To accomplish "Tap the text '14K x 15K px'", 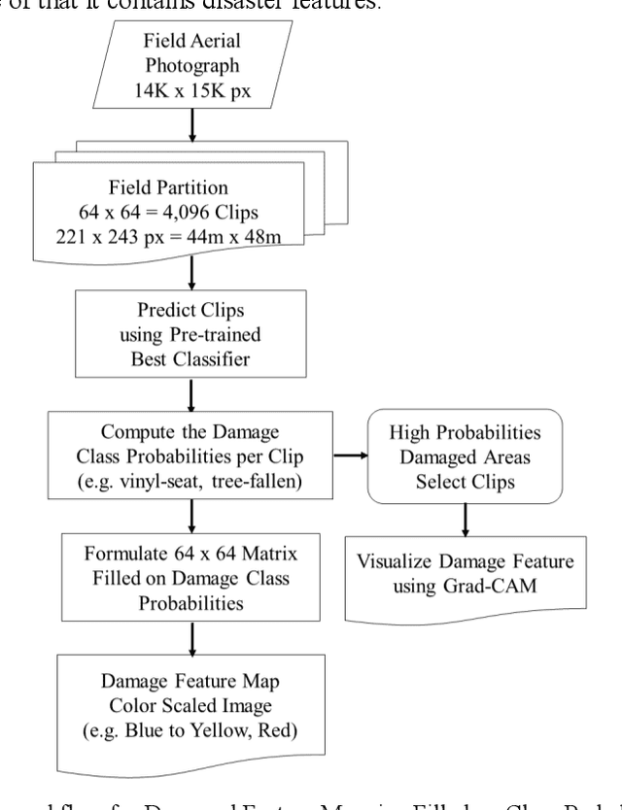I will click(x=191, y=89).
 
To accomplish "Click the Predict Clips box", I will click(x=191, y=333).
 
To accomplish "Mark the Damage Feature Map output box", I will click(x=191, y=709).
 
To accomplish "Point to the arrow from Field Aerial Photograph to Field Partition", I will click(x=191, y=124).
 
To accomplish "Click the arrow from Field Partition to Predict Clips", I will click(x=191, y=276).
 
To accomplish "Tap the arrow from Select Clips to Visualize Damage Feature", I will click(x=466, y=521).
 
